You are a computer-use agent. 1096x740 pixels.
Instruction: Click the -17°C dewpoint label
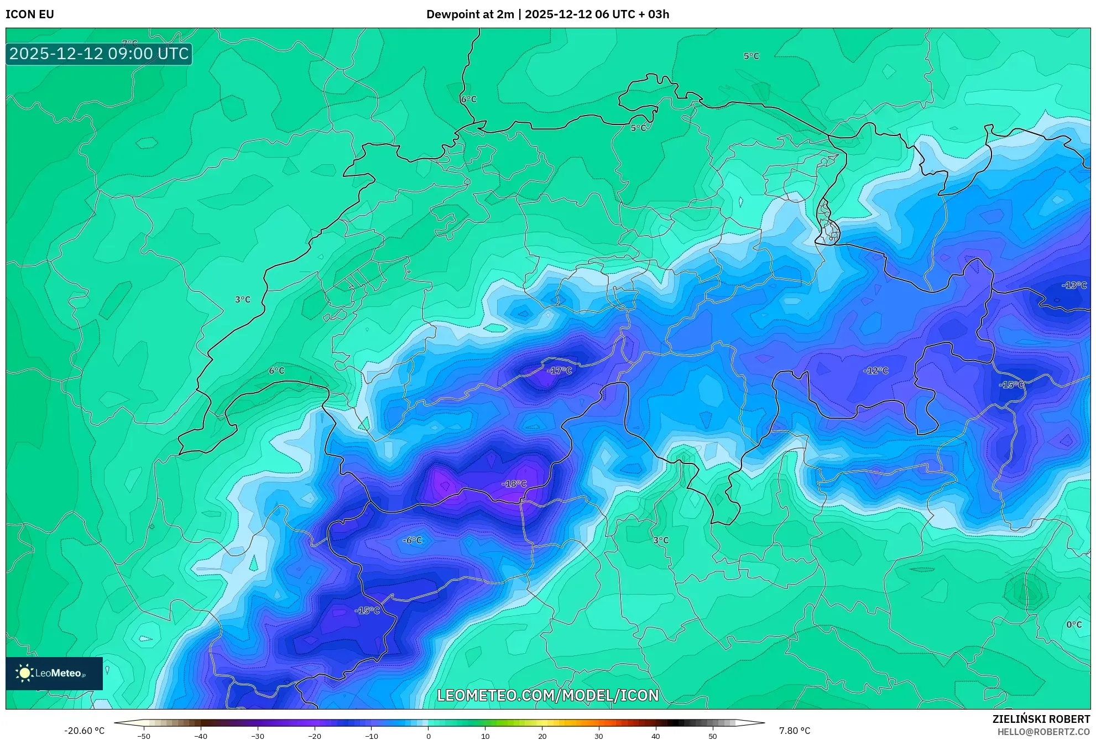pos(559,371)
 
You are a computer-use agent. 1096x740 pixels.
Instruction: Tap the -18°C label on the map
pos(514,484)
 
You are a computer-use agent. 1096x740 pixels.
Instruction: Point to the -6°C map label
pos(413,540)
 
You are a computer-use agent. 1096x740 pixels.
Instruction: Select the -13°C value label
pos(1074,285)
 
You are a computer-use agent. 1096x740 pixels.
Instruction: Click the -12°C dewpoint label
pos(876,371)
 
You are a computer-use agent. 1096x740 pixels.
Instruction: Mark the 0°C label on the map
pos(1074,624)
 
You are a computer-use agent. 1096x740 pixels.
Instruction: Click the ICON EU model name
pos(30,14)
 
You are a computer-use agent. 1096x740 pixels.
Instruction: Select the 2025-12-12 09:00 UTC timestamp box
pos(99,54)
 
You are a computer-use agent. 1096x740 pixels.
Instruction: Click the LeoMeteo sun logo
pos(24,673)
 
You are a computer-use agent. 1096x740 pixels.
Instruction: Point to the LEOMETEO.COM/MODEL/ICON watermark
pos(548,695)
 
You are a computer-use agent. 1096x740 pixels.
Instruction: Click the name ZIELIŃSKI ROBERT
pos(1041,719)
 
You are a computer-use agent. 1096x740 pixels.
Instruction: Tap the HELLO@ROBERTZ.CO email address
pos(1043,732)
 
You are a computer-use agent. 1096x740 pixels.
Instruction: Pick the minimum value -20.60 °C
pos(84,731)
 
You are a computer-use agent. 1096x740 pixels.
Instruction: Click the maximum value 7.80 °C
pos(795,731)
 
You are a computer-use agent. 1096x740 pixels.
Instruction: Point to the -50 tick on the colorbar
pos(144,736)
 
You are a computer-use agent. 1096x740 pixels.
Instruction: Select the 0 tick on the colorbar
pos(428,736)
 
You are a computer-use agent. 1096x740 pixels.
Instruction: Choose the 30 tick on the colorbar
pos(599,736)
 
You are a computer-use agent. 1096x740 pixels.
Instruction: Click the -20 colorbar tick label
pos(314,736)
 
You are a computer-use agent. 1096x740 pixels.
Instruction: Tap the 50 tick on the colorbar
pos(713,736)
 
